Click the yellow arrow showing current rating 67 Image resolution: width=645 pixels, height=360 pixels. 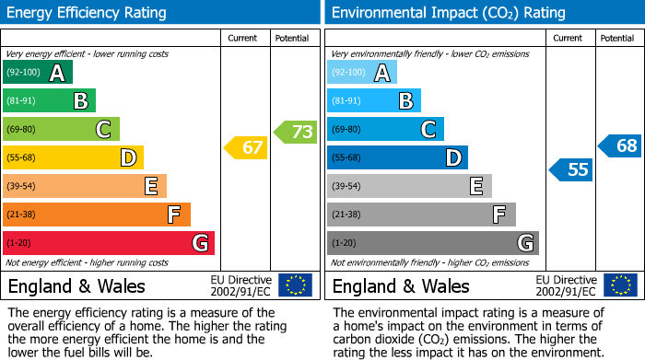[x=246, y=147]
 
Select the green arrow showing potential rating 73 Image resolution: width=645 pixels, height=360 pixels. [x=296, y=132]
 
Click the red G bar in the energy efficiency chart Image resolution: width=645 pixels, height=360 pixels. [x=109, y=243]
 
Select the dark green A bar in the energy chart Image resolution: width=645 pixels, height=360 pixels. [x=38, y=73]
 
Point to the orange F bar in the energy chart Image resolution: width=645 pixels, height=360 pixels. [x=97, y=215]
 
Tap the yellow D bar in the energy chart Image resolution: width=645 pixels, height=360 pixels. [x=73, y=158]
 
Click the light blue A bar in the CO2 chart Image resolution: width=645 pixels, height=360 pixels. [x=362, y=73]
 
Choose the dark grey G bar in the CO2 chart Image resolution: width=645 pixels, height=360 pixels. [x=432, y=243]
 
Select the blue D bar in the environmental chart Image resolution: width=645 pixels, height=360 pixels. [x=397, y=158]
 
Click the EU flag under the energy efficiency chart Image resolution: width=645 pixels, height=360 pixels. [x=295, y=285]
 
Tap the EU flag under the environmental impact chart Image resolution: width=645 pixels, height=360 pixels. [x=619, y=285]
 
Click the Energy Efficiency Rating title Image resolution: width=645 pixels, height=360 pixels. [x=88, y=13]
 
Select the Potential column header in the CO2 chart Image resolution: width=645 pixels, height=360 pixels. [x=617, y=38]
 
